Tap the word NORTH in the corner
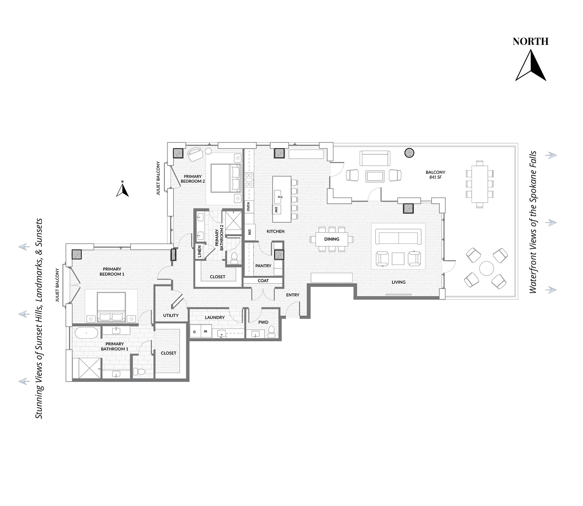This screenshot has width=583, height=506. click(531, 42)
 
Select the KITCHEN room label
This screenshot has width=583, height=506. click(276, 231)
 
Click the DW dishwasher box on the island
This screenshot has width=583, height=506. click(276, 210)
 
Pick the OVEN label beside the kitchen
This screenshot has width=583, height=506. click(249, 206)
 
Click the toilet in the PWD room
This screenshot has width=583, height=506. click(271, 332)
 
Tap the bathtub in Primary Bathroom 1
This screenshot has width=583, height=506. click(87, 333)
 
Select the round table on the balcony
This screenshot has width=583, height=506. click(486, 268)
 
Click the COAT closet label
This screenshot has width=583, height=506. click(263, 281)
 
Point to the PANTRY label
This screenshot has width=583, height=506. click(263, 266)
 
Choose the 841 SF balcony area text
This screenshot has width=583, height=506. click(435, 177)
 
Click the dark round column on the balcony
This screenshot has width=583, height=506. click(409, 153)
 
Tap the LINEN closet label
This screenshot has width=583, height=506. click(199, 251)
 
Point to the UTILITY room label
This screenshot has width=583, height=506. click(171, 315)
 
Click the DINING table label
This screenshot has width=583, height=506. click(332, 239)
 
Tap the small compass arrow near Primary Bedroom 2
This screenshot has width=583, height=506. click(122, 189)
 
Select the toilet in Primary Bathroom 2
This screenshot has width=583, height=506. click(234, 258)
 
